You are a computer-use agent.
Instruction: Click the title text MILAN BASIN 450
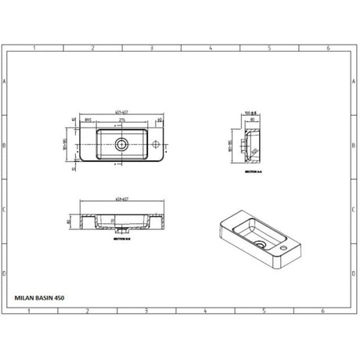(41, 297)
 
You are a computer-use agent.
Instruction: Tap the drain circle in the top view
(121, 144)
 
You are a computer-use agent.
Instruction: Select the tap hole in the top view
(156, 144)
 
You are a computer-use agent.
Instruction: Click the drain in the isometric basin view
(259, 243)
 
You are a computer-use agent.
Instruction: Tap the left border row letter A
(5, 81)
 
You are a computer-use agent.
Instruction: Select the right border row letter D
(355, 274)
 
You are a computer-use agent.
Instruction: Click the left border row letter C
(5, 210)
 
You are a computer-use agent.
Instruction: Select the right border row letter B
(355, 146)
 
